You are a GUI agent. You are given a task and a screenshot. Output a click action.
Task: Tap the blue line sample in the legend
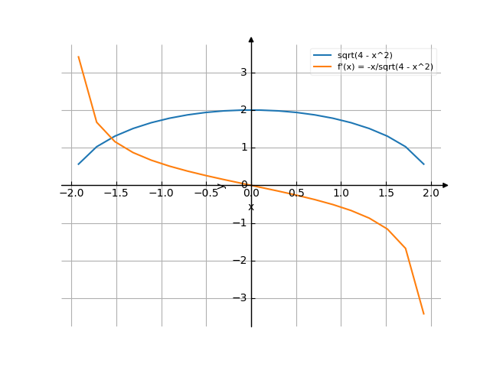click(x=322, y=56)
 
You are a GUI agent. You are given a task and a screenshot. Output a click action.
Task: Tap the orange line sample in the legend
click(x=322, y=67)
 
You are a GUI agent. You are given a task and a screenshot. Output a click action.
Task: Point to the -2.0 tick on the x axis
click(x=72, y=193)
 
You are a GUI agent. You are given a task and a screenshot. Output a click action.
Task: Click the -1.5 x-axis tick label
click(x=116, y=193)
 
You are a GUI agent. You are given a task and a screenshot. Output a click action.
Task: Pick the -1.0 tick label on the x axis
click(x=162, y=193)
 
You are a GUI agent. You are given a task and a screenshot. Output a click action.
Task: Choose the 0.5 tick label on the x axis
click(x=296, y=193)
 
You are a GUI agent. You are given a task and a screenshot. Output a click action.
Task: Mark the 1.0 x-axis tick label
click(x=341, y=193)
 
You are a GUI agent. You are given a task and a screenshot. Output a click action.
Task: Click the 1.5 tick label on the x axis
click(x=387, y=193)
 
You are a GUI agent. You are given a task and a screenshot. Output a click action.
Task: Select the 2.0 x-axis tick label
click(x=431, y=193)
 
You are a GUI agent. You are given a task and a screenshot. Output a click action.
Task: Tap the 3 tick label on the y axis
click(x=243, y=73)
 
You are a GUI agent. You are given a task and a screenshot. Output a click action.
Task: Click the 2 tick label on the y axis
click(x=243, y=110)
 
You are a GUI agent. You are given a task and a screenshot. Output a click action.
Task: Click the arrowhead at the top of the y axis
click(x=251, y=38)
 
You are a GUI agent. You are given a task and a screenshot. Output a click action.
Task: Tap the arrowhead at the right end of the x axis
click(x=445, y=185)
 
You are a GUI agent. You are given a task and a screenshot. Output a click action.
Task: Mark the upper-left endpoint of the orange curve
click(x=78, y=57)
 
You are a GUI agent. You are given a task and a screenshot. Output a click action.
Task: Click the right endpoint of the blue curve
click(x=423, y=164)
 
